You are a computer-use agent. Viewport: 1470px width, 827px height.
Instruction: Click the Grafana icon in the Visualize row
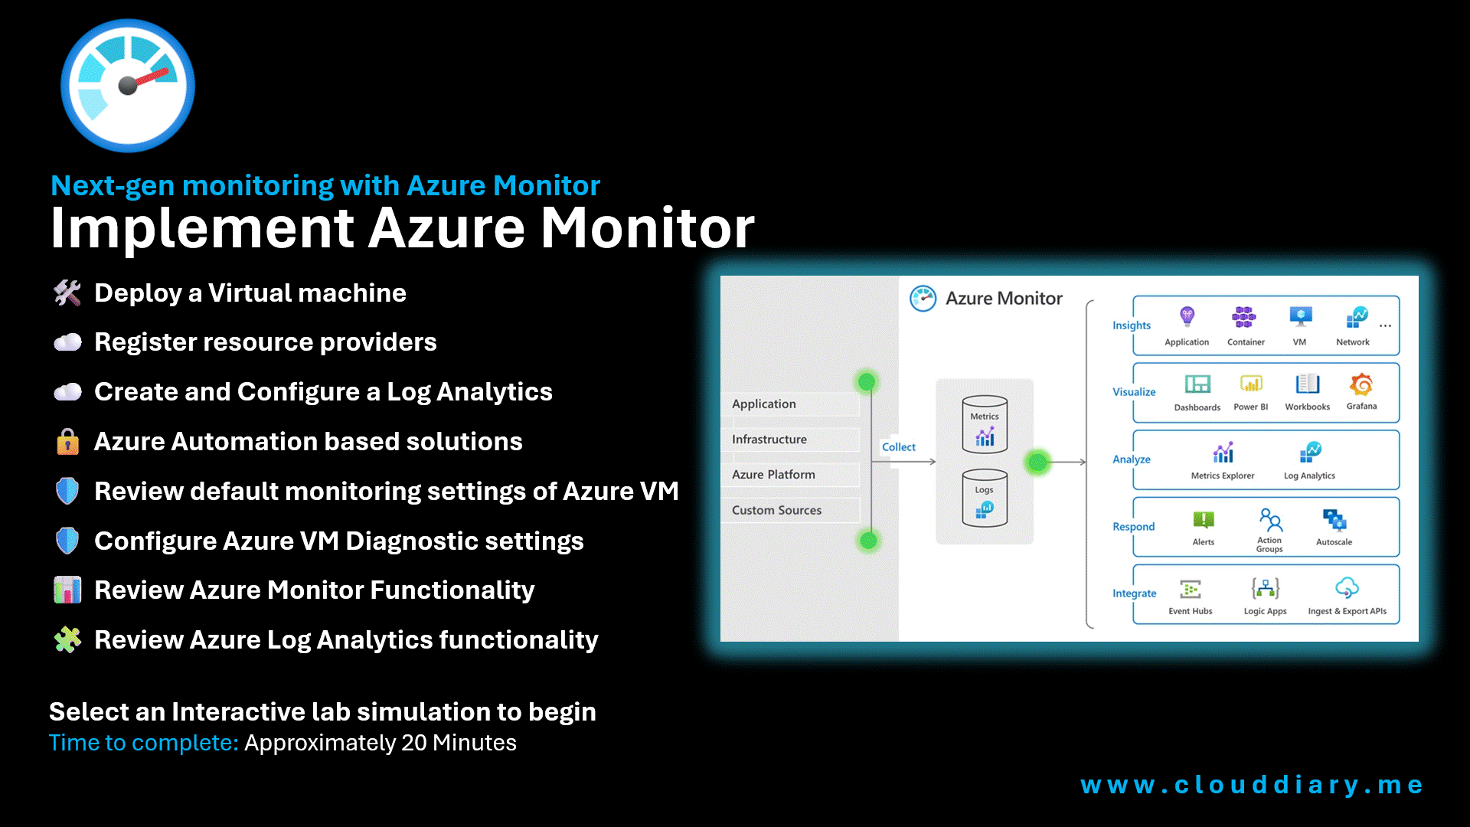(1361, 384)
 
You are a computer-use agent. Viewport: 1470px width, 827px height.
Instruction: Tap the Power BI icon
(1251, 384)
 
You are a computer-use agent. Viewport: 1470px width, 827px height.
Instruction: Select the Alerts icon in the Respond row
(1203, 521)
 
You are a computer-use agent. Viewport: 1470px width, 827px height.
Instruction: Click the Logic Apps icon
(1265, 588)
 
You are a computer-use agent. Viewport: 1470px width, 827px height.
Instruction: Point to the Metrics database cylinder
(985, 424)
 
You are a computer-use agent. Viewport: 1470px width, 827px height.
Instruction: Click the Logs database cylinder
(985, 498)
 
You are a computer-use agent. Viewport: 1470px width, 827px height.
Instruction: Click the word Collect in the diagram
(898, 447)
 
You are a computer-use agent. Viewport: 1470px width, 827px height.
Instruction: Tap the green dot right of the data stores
(1037, 462)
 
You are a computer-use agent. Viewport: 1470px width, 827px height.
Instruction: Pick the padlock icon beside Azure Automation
(67, 442)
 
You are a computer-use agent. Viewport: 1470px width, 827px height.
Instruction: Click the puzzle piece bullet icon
(67, 639)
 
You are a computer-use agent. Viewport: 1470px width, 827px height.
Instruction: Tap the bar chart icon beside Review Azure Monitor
(67, 590)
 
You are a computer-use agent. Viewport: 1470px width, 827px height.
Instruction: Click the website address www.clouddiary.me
(1251, 785)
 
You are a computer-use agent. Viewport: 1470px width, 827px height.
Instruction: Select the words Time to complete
(143, 743)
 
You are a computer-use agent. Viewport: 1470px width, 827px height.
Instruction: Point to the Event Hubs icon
(1191, 589)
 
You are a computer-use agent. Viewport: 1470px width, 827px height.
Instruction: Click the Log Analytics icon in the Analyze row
(1310, 453)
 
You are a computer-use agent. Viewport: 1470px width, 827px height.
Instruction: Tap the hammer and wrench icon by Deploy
(67, 293)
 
